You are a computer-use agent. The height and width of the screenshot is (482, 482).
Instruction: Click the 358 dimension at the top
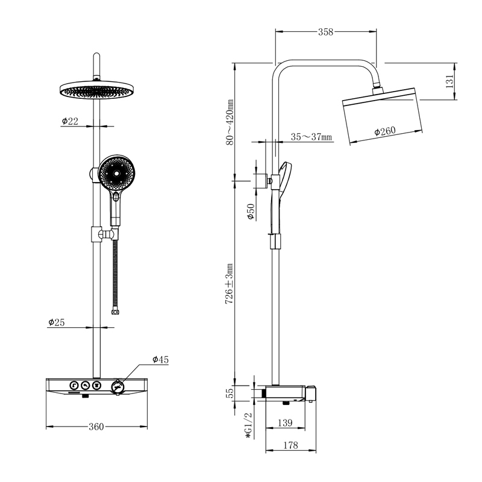pyautogui.click(x=325, y=32)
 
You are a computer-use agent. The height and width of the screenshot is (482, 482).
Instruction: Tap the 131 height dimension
pyautogui.click(x=449, y=81)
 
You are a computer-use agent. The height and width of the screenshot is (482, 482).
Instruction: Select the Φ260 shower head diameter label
pyautogui.click(x=385, y=131)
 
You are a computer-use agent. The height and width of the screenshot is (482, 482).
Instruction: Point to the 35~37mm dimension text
pyautogui.click(x=311, y=137)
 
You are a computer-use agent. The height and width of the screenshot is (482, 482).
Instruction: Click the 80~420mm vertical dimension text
pyautogui.click(x=230, y=122)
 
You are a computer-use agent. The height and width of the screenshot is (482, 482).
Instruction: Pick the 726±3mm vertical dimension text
pyautogui.click(x=230, y=284)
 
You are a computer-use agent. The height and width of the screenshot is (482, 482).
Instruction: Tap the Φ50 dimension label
pyautogui.click(x=251, y=211)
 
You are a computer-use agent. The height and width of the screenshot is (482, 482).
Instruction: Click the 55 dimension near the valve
pyautogui.click(x=230, y=393)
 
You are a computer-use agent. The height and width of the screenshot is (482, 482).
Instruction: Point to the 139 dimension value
pyautogui.click(x=285, y=423)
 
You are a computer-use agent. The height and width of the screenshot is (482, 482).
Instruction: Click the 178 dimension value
pyautogui.click(x=290, y=445)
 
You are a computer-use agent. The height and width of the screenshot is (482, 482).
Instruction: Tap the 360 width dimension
pyautogui.click(x=96, y=427)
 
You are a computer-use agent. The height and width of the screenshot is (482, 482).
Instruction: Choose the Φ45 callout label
pyautogui.click(x=160, y=359)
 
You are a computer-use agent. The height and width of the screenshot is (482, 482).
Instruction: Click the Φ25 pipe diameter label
pyautogui.click(x=57, y=322)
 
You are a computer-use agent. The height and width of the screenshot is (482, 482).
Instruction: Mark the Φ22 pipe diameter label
pyautogui.click(x=70, y=121)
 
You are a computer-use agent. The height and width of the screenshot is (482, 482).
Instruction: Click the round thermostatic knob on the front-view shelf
pyautogui.click(x=117, y=386)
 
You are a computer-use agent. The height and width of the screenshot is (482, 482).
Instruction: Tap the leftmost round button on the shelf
pyautogui.click(x=74, y=386)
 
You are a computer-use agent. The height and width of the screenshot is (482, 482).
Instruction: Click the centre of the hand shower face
pyautogui.click(x=117, y=174)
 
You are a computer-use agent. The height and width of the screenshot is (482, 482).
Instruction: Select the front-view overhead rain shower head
pyautogui.click(x=96, y=90)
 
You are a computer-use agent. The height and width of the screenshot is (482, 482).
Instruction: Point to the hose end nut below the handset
pyautogui.click(x=115, y=312)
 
